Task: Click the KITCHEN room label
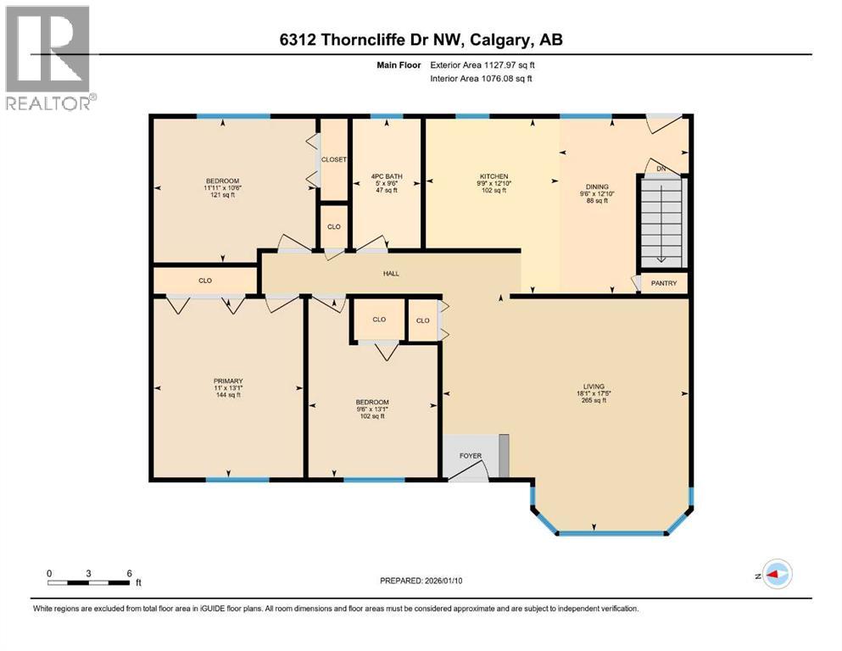click(x=493, y=176)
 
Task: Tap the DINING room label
click(x=597, y=186)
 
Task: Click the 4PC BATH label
click(x=387, y=176)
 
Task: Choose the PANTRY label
click(x=663, y=283)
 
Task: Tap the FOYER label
click(x=471, y=456)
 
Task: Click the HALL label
click(x=390, y=273)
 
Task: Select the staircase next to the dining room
click(x=661, y=225)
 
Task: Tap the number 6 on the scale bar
click(x=129, y=573)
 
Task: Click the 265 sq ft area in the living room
click(x=591, y=400)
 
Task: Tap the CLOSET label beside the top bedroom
click(x=333, y=159)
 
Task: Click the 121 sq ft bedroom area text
click(x=222, y=195)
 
